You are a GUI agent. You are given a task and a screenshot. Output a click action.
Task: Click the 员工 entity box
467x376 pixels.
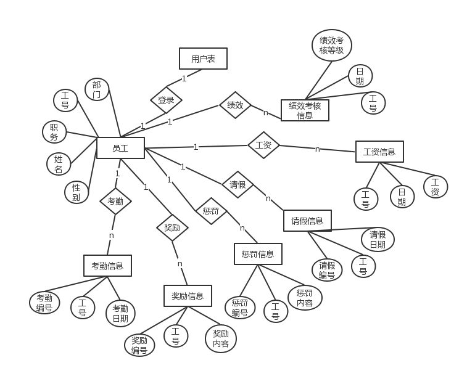click(x=120, y=148)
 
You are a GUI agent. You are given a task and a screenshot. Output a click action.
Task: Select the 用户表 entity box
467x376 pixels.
click(x=203, y=59)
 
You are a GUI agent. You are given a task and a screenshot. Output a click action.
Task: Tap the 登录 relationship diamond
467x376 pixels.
click(x=166, y=100)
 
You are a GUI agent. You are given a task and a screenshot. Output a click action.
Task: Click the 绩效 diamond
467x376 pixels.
click(x=235, y=105)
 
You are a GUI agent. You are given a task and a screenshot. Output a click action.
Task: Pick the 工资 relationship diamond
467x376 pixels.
click(x=263, y=145)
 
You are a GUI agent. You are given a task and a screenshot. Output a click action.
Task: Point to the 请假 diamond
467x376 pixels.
click(x=238, y=184)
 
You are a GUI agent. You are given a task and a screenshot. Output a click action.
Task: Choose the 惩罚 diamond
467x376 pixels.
click(x=211, y=211)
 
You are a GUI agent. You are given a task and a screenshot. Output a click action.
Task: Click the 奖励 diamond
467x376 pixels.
click(x=172, y=227)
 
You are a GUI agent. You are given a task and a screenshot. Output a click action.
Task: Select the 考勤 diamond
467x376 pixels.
click(x=115, y=200)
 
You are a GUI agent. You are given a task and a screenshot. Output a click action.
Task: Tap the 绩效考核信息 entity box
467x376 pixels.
click(x=305, y=110)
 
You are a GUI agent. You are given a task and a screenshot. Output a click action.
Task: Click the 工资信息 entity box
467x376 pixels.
click(x=379, y=152)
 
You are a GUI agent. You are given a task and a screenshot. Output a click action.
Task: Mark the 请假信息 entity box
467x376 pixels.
click(x=307, y=221)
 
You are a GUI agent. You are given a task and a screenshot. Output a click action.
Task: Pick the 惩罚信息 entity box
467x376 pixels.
click(x=258, y=254)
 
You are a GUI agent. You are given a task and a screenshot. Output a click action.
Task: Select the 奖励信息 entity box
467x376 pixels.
click(x=188, y=296)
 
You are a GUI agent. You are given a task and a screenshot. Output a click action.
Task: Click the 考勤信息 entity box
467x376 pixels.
click(x=107, y=266)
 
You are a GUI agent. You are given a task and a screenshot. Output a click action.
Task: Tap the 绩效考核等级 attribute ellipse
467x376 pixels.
click(x=331, y=46)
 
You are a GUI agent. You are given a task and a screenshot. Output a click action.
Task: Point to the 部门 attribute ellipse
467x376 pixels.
click(x=97, y=89)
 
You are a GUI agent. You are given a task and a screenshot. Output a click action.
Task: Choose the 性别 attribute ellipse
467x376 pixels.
click(x=76, y=192)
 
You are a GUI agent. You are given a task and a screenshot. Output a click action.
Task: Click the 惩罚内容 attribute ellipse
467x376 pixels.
click(x=305, y=297)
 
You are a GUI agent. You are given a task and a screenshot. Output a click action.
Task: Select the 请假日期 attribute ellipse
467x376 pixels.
click(x=378, y=239)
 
